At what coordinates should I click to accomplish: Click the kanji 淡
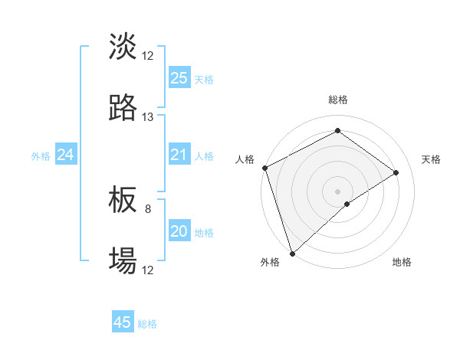point(123,47)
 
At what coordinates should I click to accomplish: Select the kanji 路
point(123,108)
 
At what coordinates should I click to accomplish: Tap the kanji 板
point(123,200)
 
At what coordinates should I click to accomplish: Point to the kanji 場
point(123,261)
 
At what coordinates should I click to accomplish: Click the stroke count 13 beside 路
point(148,117)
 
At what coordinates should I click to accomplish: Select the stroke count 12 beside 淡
point(148,56)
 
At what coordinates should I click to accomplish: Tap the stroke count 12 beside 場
point(148,270)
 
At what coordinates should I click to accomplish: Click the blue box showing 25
point(179,77)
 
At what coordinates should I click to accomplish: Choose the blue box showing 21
point(179,155)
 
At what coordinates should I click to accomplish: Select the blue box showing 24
point(66,155)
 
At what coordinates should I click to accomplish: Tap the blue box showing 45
point(123,322)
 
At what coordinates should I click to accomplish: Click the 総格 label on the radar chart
point(337,100)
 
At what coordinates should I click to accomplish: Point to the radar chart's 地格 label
point(402,262)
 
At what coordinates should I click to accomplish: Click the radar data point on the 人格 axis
point(264,168)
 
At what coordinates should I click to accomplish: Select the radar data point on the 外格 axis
point(292,253)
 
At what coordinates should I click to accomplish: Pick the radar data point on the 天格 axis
point(396,172)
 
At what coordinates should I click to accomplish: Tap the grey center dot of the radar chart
point(337,191)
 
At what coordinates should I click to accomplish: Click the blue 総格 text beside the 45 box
point(148,324)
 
